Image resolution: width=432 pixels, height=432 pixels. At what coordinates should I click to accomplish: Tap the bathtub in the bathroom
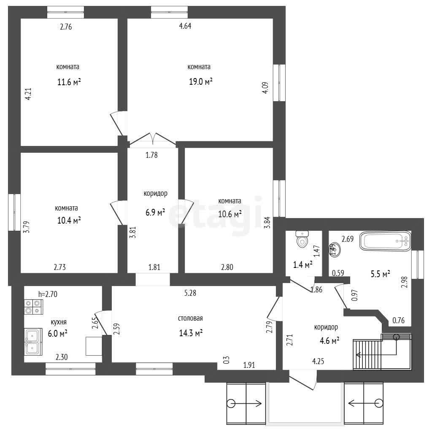tap(386, 241)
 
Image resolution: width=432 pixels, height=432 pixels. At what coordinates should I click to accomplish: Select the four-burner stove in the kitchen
tap(33, 307)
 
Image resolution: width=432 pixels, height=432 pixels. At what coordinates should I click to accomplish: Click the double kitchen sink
tap(33, 342)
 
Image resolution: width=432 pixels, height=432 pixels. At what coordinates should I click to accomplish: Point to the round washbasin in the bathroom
tap(335, 250)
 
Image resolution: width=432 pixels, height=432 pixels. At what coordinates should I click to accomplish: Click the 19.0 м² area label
tap(200, 81)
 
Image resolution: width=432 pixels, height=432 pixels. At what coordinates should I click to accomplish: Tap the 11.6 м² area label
tap(69, 82)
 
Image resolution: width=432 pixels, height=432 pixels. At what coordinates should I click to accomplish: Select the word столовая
tap(190, 318)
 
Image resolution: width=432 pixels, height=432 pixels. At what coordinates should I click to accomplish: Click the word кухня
tap(59, 322)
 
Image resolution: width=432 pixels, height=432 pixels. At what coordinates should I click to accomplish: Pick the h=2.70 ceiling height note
tap(48, 294)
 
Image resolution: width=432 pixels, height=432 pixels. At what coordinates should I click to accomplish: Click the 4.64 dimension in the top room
tap(185, 26)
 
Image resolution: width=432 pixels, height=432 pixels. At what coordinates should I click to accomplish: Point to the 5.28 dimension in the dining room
tap(190, 293)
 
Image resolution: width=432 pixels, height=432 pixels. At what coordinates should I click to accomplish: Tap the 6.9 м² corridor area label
tap(155, 212)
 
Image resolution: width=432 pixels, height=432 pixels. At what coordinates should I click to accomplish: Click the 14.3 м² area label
tap(191, 333)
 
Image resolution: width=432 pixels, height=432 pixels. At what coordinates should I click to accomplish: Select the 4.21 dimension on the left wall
tap(28, 94)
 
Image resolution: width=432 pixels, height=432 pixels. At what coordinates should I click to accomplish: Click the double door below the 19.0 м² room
tap(153, 139)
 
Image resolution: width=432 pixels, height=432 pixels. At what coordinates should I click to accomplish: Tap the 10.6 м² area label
tap(230, 214)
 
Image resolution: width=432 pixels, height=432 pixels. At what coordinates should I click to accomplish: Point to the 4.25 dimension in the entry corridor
tap(318, 361)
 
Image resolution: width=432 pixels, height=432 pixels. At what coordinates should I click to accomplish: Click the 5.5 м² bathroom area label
tap(380, 274)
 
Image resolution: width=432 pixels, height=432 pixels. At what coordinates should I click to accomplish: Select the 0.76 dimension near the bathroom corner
tap(398, 320)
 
